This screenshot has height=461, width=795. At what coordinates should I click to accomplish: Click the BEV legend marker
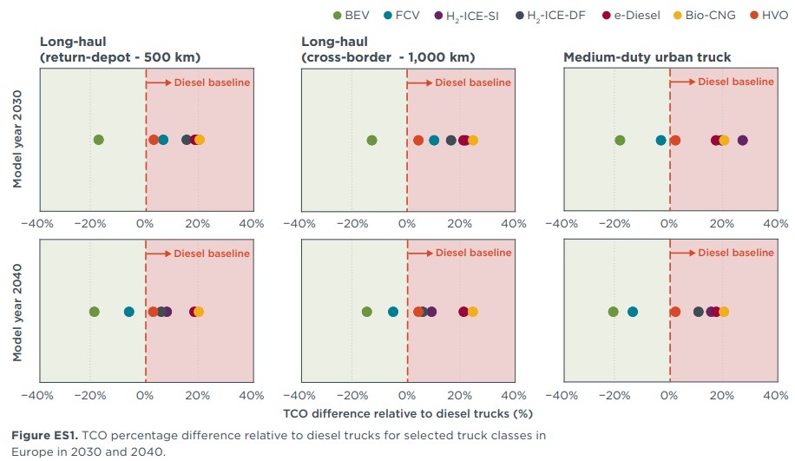[338, 15]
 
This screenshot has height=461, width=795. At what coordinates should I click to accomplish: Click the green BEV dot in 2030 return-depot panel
[99, 140]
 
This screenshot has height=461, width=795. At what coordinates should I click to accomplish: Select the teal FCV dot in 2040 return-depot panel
[129, 312]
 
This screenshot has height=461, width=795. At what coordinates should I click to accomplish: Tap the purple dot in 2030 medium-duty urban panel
[742, 140]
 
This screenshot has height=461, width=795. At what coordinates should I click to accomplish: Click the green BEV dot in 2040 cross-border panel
[367, 312]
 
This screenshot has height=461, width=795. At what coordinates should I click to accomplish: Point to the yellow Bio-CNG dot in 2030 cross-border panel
[473, 140]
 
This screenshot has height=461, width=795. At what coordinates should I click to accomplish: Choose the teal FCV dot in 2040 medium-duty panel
[633, 312]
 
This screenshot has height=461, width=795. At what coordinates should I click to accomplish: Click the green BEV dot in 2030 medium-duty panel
[620, 140]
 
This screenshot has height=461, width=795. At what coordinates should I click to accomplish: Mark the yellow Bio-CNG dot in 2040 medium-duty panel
[724, 312]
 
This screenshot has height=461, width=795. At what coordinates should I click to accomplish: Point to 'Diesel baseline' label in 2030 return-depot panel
[212, 82]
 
